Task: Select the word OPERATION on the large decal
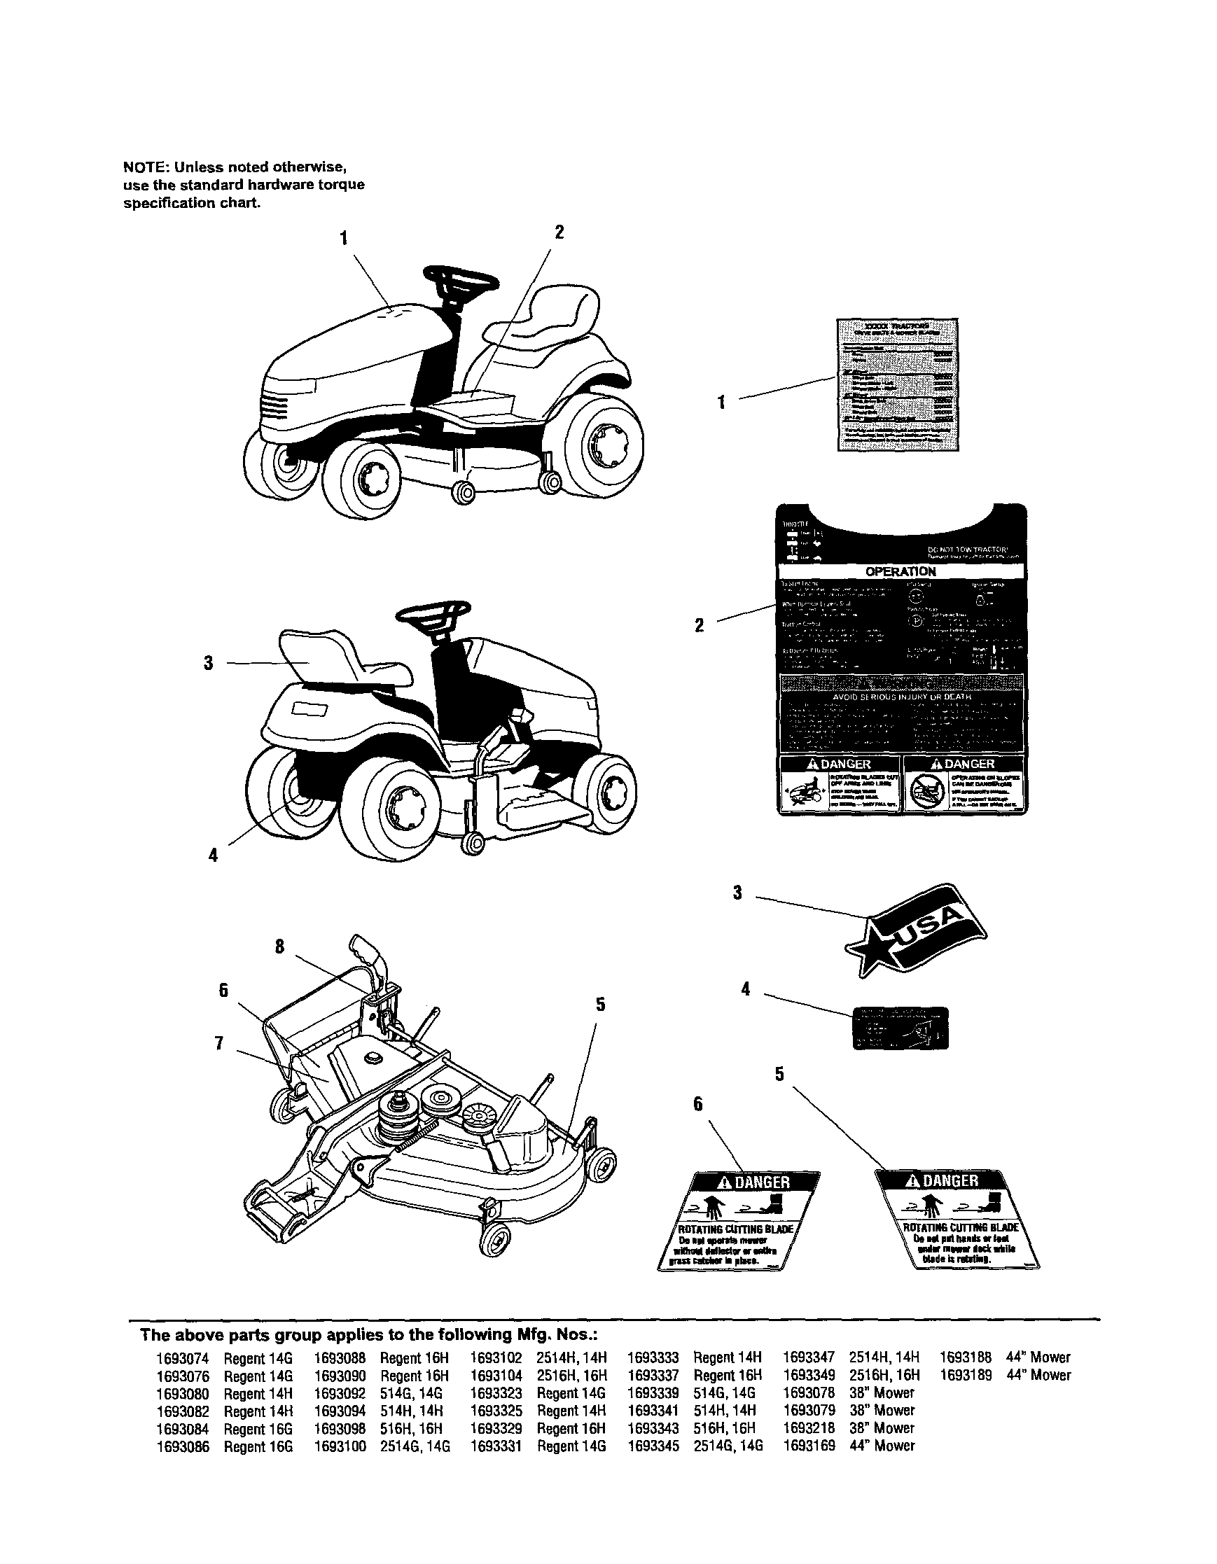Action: point(900,571)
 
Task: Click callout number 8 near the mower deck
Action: point(279,947)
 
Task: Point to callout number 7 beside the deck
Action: point(221,1043)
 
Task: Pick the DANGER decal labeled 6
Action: point(738,1220)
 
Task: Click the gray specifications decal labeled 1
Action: point(898,384)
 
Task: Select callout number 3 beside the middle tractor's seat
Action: point(209,664)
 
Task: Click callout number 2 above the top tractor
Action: point(559,232)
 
